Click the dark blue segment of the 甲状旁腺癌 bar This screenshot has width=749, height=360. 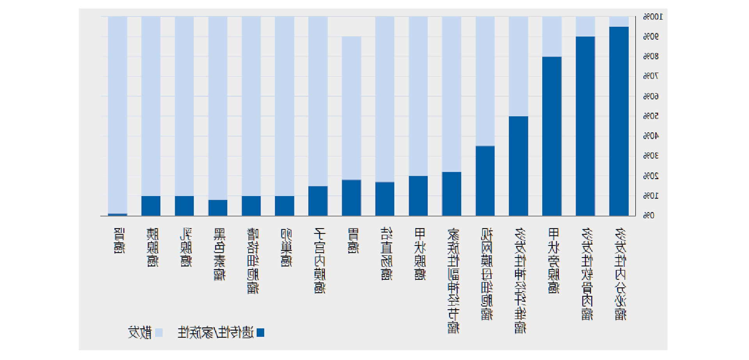click(552, 136)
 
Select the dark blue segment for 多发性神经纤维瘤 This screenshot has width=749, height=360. click(518, 166)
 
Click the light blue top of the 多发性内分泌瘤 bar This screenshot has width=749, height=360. click(619, 21)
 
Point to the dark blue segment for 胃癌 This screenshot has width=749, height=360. click(351, 198)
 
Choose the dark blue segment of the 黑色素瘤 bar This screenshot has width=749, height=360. click(218, 207)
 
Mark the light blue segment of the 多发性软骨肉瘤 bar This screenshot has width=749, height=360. click(585, 27)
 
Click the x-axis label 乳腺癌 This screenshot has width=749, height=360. click(186, 247)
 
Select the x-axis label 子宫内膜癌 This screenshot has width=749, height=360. click(319, 260)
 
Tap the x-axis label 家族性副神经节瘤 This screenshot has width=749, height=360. click(453, 280)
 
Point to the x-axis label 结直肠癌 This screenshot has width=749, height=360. click(386, 254)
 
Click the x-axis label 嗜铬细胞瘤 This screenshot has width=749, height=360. click(253, 261)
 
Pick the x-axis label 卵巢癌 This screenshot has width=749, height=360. click(286, 247)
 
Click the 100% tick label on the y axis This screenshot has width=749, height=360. click(653, 17)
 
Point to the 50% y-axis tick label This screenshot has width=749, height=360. click(651, 116)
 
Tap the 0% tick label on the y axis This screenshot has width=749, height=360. click(649, 215)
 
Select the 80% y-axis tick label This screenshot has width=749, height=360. click(651, 57)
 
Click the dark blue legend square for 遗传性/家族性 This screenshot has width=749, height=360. click(260, 333)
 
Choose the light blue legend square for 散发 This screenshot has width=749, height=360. click(159, 333)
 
